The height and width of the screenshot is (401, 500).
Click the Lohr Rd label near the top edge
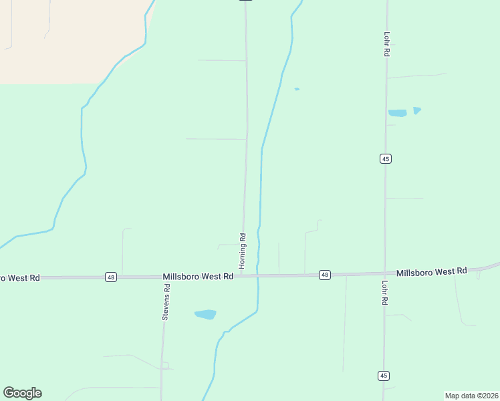[x=387, y=43]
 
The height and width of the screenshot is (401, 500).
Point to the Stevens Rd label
[x=166, y=302]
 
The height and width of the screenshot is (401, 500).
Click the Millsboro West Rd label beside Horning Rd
[x=198, y=276]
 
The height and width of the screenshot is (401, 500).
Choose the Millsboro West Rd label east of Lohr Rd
[x=431, y=272]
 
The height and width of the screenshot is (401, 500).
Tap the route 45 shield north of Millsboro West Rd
[x=385, y=158]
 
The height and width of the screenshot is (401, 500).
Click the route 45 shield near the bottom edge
[x=383, y=376]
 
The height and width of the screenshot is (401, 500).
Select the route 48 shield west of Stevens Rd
[x=111, y=277]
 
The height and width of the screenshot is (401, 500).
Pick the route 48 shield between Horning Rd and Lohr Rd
[x=324, y=275]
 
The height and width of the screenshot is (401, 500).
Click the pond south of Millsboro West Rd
[x=205, y=314]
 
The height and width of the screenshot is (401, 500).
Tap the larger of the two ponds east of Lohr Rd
[x=398, y=114]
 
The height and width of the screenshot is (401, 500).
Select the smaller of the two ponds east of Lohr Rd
[x=417, y=110]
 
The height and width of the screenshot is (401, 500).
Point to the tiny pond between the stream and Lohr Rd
[x=297, y=89]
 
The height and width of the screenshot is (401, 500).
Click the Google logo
[x=22, y=393]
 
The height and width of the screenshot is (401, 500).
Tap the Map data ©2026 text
[x=471, y=395]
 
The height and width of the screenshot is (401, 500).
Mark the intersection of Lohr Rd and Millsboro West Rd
[x=385, y=273]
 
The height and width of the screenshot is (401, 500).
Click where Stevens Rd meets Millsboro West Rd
[x=163, y=276]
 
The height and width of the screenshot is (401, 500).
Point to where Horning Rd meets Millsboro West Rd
[x=242, y=275]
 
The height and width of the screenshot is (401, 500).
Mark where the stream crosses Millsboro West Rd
[x=258, y=275]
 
